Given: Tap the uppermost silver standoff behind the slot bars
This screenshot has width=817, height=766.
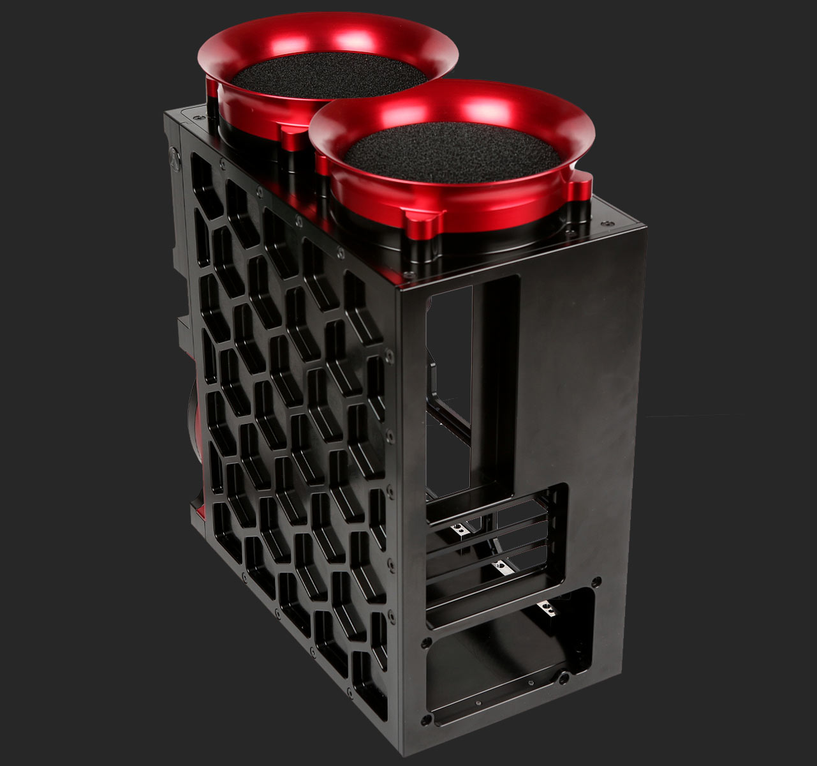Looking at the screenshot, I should pos(458,529).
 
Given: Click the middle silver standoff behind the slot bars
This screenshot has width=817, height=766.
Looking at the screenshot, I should pos(498,566).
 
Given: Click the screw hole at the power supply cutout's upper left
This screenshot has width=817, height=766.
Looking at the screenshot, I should pos(426,641).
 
